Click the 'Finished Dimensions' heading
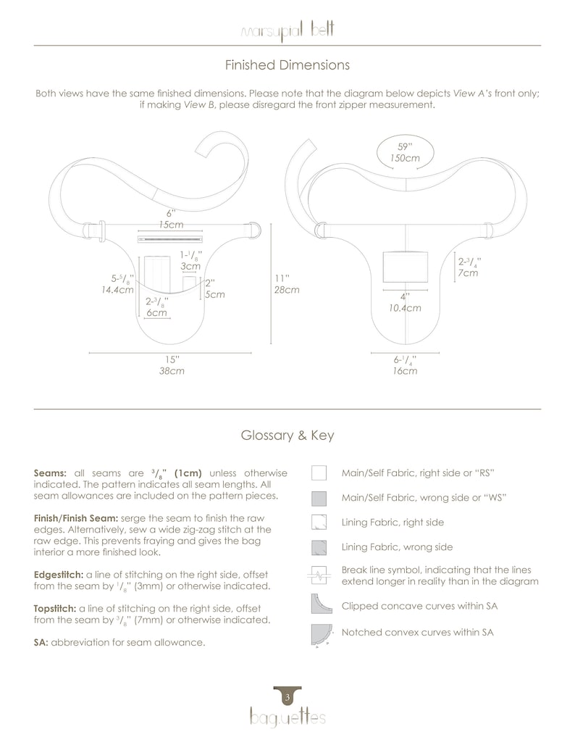coord(287,65)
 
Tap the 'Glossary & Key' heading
coord(287,436)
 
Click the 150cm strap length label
coord(405,158)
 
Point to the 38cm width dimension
coord(172,371)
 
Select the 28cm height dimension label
coord(287,290)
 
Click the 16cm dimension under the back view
coord(405,371)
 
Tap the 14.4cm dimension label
coord(117,290)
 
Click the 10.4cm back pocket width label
coord(405,308)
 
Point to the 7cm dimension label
coord(468,273)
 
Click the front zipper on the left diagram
coord(170,238)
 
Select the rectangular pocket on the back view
coord(405,267)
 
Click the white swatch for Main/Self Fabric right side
coord(319,473)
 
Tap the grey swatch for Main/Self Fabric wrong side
coord(319,498)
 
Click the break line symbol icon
coord(319,575)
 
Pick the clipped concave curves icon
coord(322,604)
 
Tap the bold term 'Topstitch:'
coord(55,609)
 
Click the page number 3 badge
coord(287,696)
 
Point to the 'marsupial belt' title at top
coord(287,31)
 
